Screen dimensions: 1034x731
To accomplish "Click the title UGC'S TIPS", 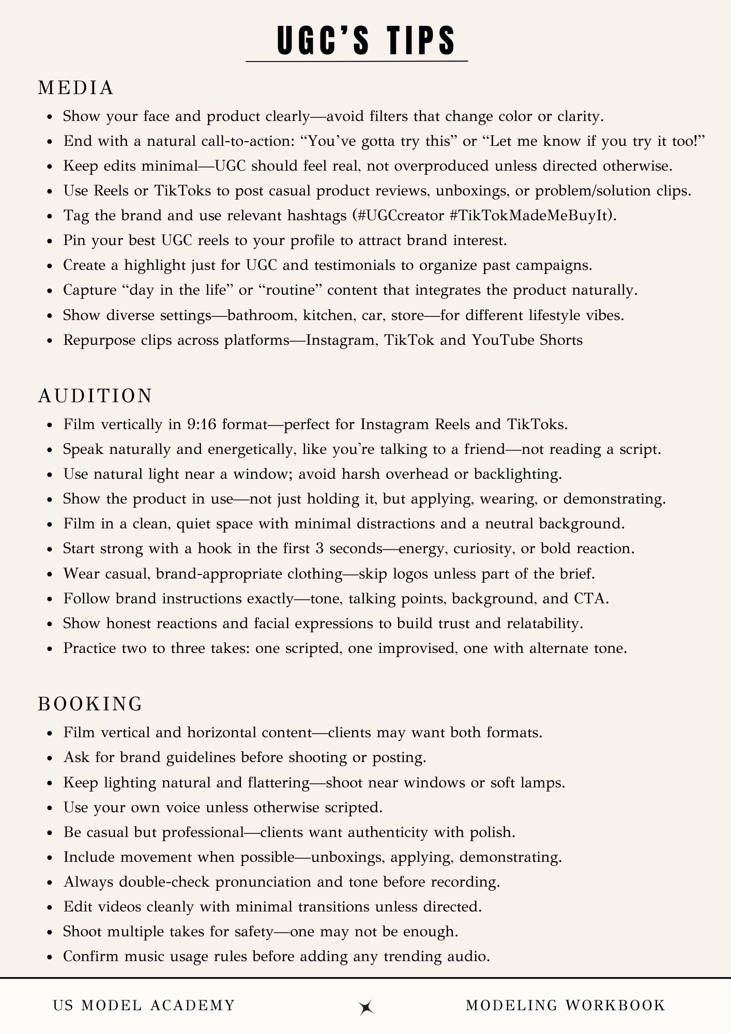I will click(x=366, y=40).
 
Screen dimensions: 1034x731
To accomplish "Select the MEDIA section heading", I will click(x=76, y=88).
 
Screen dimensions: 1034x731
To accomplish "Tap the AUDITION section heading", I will click(x=95, y=396).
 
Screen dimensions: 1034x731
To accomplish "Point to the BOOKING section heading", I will click(x=90, y=704).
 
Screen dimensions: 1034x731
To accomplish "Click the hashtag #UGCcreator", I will click(x=400, y=216).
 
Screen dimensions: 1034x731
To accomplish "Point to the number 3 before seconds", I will click(x=319, y=549).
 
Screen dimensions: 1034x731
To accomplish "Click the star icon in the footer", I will click(x=366, y=1006).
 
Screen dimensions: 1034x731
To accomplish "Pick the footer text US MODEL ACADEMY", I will click(x=144, y=1006).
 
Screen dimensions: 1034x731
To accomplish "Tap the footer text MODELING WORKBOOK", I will click(x=566, y=1006).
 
